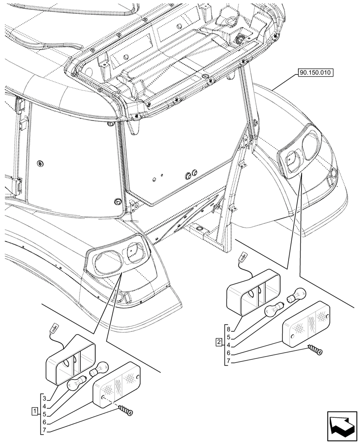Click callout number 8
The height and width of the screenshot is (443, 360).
[x=228, y=330]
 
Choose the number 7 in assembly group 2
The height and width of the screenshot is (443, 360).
[x=228, y=361]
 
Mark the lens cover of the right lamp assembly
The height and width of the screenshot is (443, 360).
[x=306, y=321]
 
